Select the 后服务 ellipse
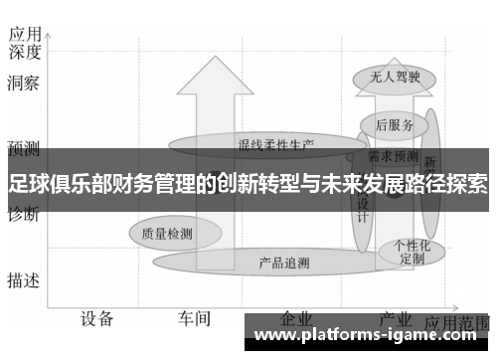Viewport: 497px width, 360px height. (395, 124)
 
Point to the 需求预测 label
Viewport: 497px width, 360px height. (394, 156)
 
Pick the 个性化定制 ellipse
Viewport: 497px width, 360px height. (412, 251)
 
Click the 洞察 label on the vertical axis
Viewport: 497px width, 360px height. (23, 85)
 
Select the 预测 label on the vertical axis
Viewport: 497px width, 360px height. (23, 150)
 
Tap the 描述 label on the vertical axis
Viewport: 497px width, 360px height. (23, 280)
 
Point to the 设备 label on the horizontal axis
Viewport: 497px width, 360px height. (97, 318)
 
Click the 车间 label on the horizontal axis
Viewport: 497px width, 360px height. (195, 318)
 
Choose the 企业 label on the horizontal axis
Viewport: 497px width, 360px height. (296, 317)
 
